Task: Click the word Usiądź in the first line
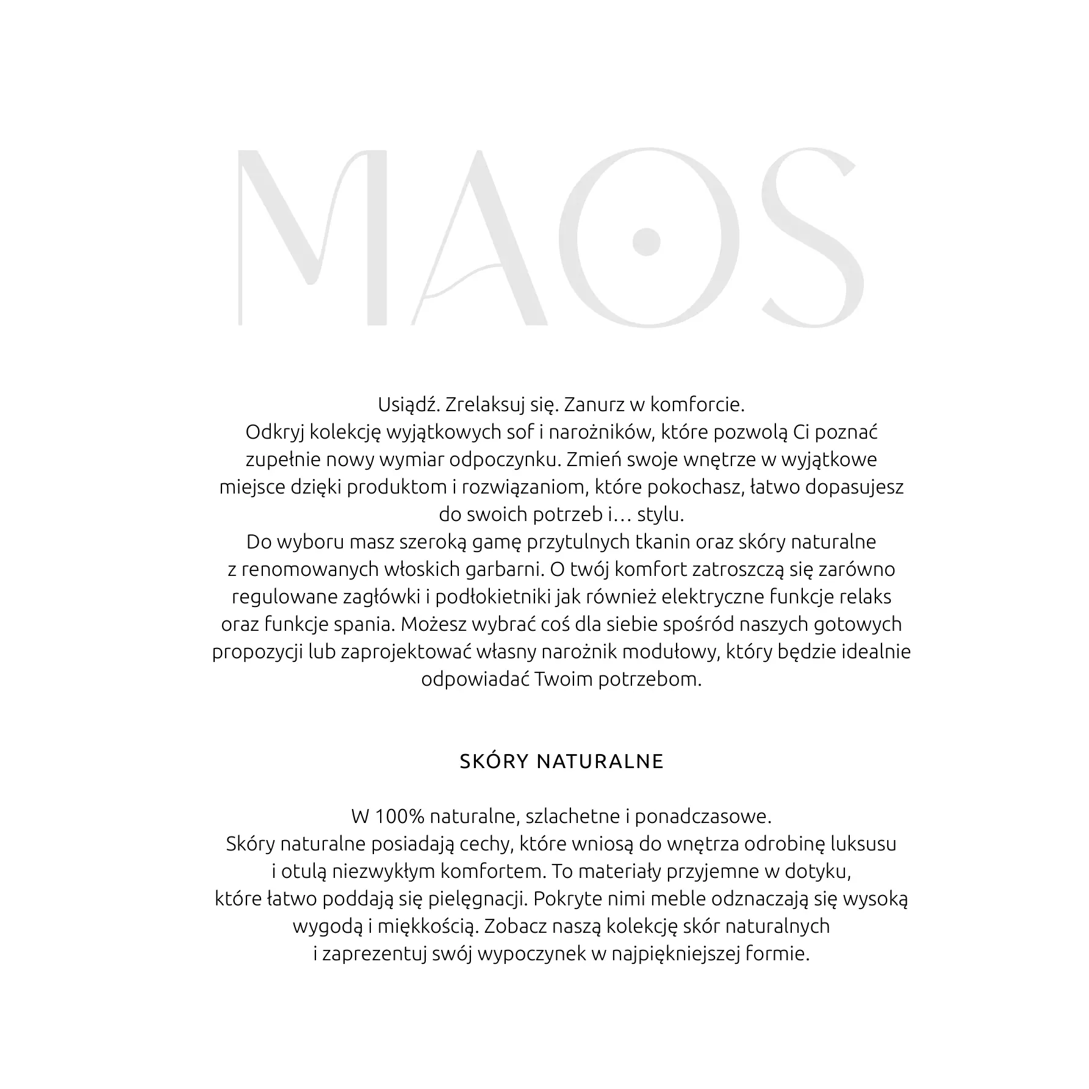coord(408,405)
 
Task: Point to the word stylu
coord(661,515)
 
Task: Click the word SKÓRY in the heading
coord(495,762)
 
